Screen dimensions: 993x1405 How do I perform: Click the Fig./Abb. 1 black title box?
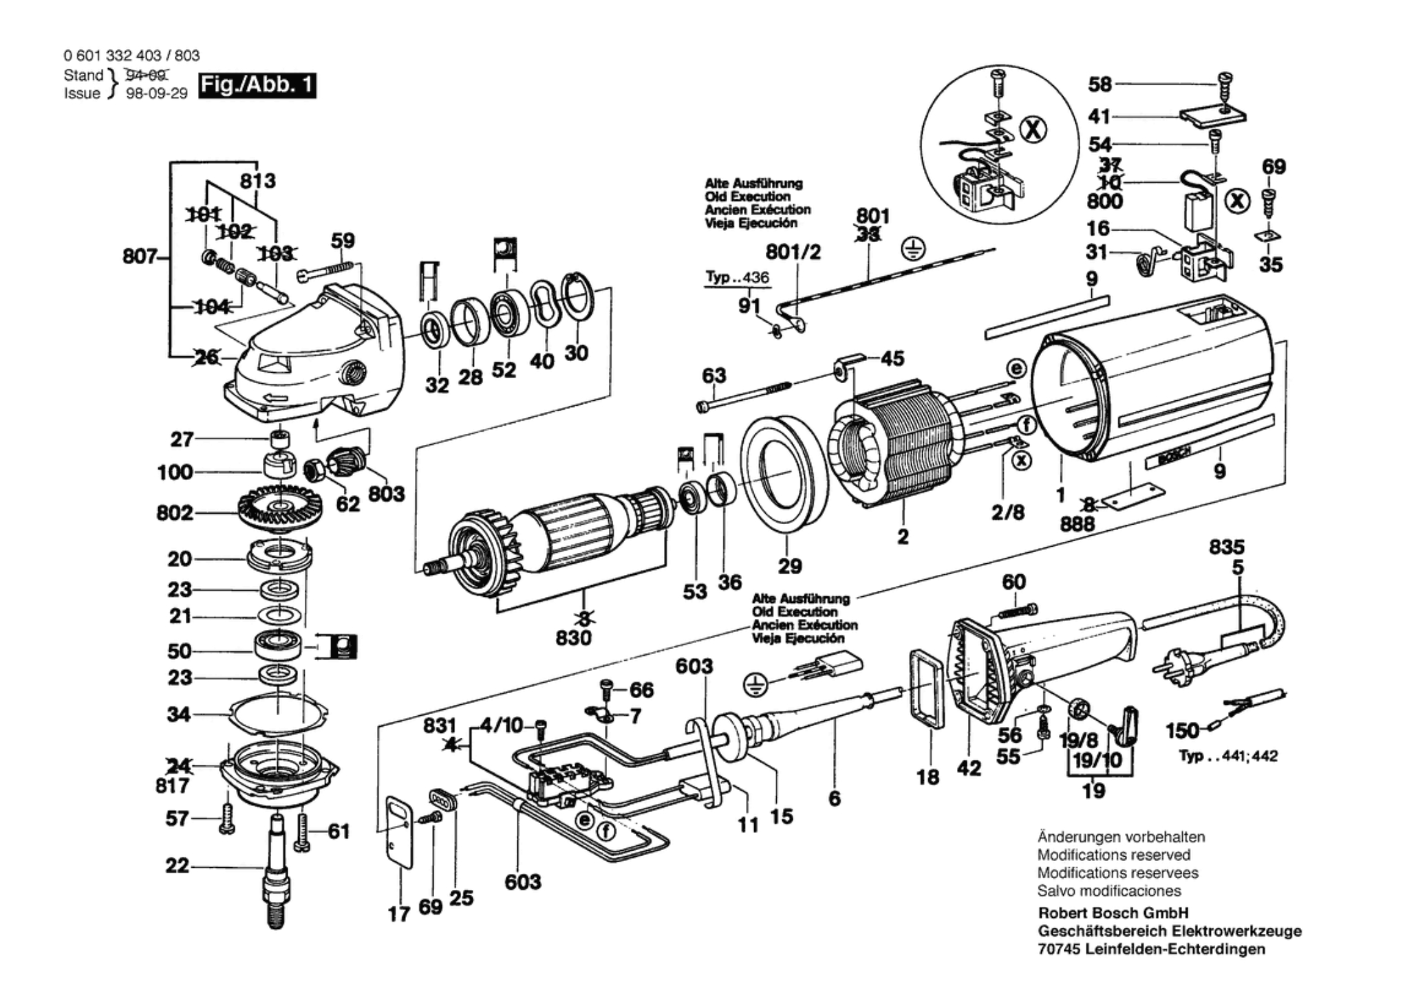pyautogui.click(x=257, y=86)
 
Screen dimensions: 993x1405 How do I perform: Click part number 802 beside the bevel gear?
pyautogui.click(x=175, y=513)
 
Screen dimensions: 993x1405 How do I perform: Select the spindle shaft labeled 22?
pyautogui.click(x=276, y=870)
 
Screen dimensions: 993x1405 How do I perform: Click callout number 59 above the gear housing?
pyautogui.click(x=343, y=241)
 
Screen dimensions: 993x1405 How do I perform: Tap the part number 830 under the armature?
pyautogui.click(x=573, y=638)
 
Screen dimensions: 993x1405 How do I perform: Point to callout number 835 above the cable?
pyautogui.click(x=1227, y=547)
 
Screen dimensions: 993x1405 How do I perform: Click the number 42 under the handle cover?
pyautogui.click(x=969, y=767)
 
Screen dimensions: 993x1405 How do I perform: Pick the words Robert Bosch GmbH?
pyautogui.click(x=1113, y=913)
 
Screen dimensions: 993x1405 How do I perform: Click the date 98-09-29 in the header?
pyautogui.click(x=157, y=94)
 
